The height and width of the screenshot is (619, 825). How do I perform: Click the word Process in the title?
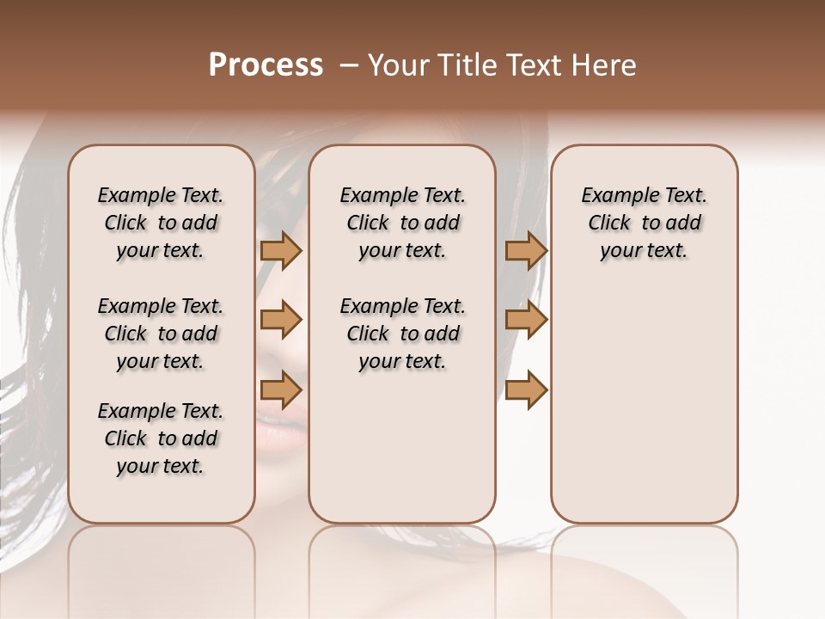pos(266,65)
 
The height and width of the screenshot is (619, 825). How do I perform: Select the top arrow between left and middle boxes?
pos(281,250)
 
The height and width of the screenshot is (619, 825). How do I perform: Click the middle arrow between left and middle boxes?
pos(281,320)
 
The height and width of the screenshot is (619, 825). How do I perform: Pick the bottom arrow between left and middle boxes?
pos(281,389)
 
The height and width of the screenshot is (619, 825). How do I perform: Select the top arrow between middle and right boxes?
pos(526,250)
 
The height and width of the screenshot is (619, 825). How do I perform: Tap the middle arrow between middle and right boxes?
pos(526,320)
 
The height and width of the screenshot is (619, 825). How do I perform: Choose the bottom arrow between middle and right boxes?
pos(526,389)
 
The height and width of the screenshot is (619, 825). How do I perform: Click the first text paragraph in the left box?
pos(161,223)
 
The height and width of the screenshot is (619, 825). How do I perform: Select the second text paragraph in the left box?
pos(161,334)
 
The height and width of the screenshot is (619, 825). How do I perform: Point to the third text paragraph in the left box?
pos(161,438)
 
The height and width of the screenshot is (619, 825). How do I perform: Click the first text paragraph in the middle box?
pos(402,223)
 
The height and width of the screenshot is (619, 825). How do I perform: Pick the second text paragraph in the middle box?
pos(402,334)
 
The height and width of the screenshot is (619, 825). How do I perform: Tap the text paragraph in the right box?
pos(644,223)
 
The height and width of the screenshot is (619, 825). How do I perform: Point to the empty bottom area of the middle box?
pos(402,456)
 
